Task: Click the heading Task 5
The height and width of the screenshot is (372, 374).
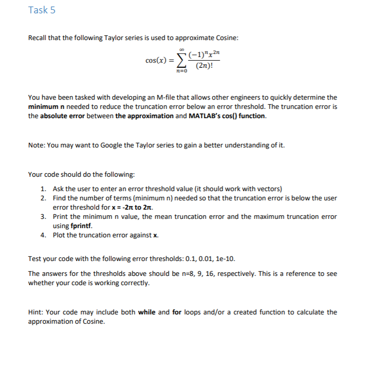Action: (x=42, y=10)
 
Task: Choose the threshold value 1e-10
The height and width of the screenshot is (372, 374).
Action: (x=226, y=258)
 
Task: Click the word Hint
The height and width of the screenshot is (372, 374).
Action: (x=35, y=312)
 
